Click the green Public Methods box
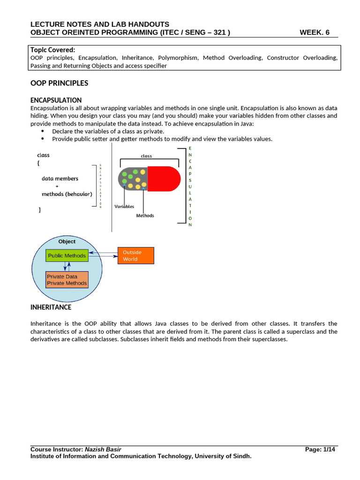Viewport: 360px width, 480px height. pyautogui.click(x=66, y=255)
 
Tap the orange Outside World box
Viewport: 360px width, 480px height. pyautogui.click(x=135, y=255)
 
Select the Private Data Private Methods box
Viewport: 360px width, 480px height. pyautogui.click(x=67, y=280)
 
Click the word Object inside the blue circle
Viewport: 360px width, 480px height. pyautogui.click(x=67, y=241)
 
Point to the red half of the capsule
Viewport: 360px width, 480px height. pyautogui.click(x=164, y=179)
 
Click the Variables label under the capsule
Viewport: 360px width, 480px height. pyautogui.click(x=124, y=206)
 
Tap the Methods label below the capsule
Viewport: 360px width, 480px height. pyautogui.click(x=145, y=216)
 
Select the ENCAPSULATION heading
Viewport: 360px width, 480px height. pyautogui.click(x=56, y=100)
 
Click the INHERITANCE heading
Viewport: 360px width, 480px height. pyautogui.click(x=51, y=307)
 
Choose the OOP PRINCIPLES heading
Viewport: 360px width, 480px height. pyautogui.click(x=59, y=83)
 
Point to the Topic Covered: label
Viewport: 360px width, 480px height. pyautogui.click(x=52, y=50)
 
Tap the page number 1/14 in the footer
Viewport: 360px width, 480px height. pyautogui.click(x=329, y=449)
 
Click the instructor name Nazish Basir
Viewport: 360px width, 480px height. pyautogui.click(x=106, y=449)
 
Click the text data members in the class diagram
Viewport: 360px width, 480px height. pyautogui.click(x=60, y=179)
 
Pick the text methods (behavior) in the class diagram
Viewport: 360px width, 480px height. pyautogui.click(x=67, y=194)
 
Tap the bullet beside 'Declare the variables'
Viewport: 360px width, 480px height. pyautogui.click(x=43, y=131)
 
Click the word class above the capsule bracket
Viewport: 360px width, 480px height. pyautogui.click(x=146, y=156)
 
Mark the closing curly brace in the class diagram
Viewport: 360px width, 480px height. pyautogui.click(x=39, y=210)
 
